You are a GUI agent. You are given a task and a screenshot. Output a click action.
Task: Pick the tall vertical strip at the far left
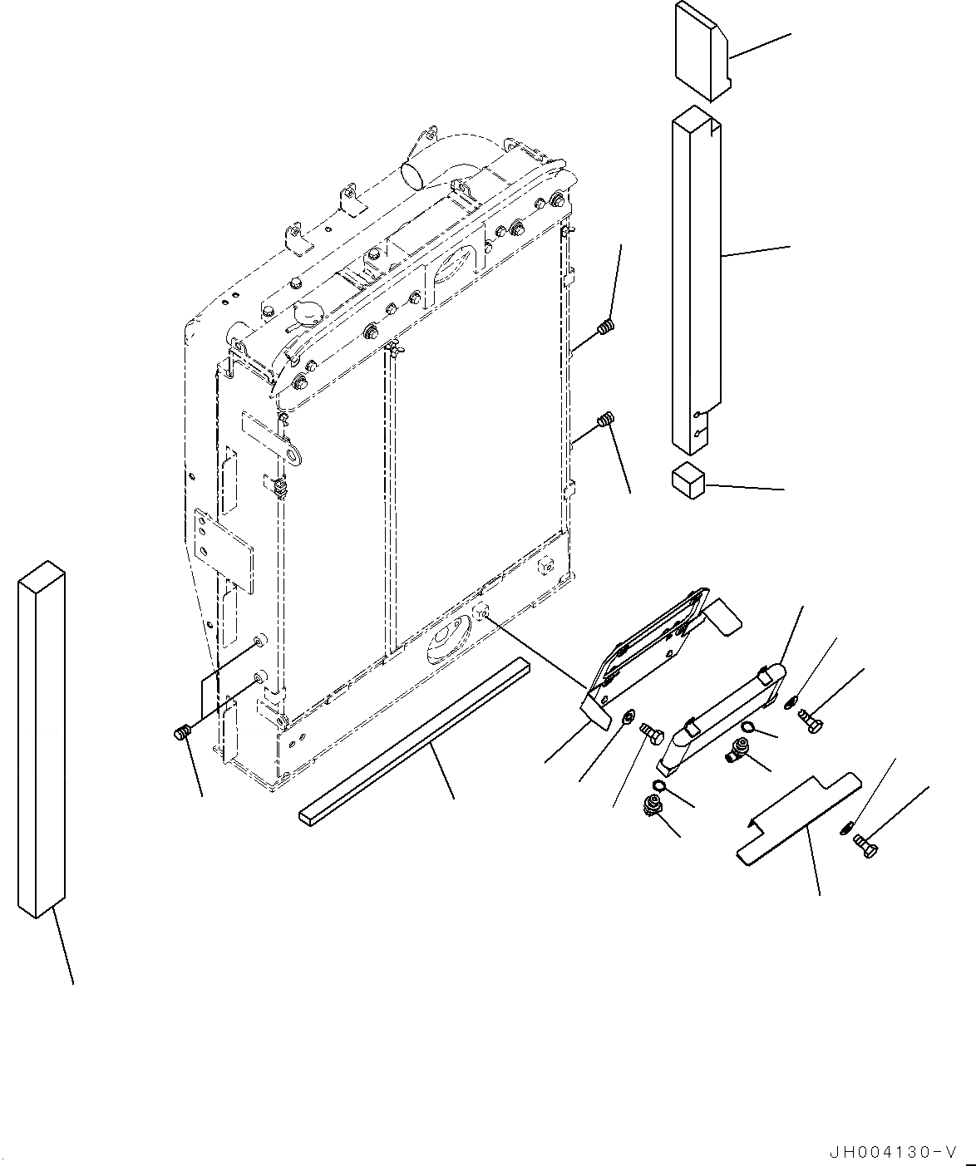(x=40, y=740)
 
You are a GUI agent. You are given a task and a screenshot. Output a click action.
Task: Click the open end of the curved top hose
(x=413, y=175)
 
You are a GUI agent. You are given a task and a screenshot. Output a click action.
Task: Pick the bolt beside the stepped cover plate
(x=865, y=848)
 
